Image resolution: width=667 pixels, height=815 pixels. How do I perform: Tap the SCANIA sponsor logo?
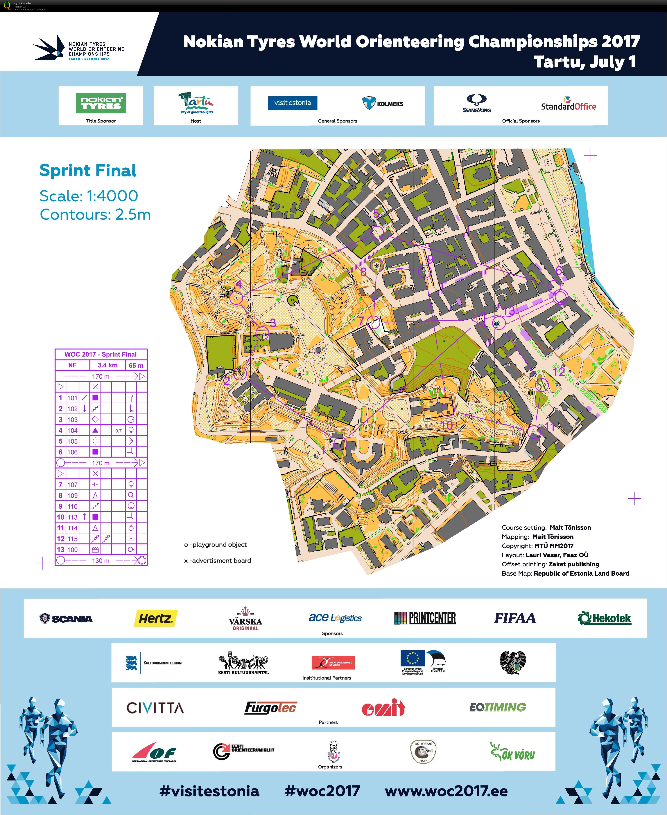[66, 618]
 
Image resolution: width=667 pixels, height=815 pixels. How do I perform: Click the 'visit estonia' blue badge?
[292, 103]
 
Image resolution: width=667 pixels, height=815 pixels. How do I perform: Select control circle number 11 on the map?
[534, 431]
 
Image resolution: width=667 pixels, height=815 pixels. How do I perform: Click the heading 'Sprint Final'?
[88, 170]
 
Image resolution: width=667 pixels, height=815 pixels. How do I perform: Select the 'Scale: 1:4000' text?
[89, 196]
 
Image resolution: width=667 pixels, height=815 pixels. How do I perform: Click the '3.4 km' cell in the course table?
[107, 365]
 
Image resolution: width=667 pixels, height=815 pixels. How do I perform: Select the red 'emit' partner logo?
[383, 708]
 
